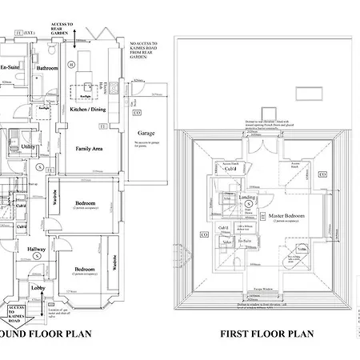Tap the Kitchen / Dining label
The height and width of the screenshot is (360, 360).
click(x=88, y=109)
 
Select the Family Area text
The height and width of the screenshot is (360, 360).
click(x=88, y=149)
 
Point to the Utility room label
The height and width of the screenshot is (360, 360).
click(x=28, y=146)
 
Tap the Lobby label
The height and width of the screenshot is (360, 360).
click(x=38, y=287)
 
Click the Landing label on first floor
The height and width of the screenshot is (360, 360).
click(x=247, y=196)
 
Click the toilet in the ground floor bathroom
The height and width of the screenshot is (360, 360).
click(x=50, y=50)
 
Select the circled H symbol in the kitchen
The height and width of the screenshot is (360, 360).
click(x=70, y=64)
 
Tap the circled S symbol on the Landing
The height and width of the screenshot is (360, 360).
click(x=248, y=205)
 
